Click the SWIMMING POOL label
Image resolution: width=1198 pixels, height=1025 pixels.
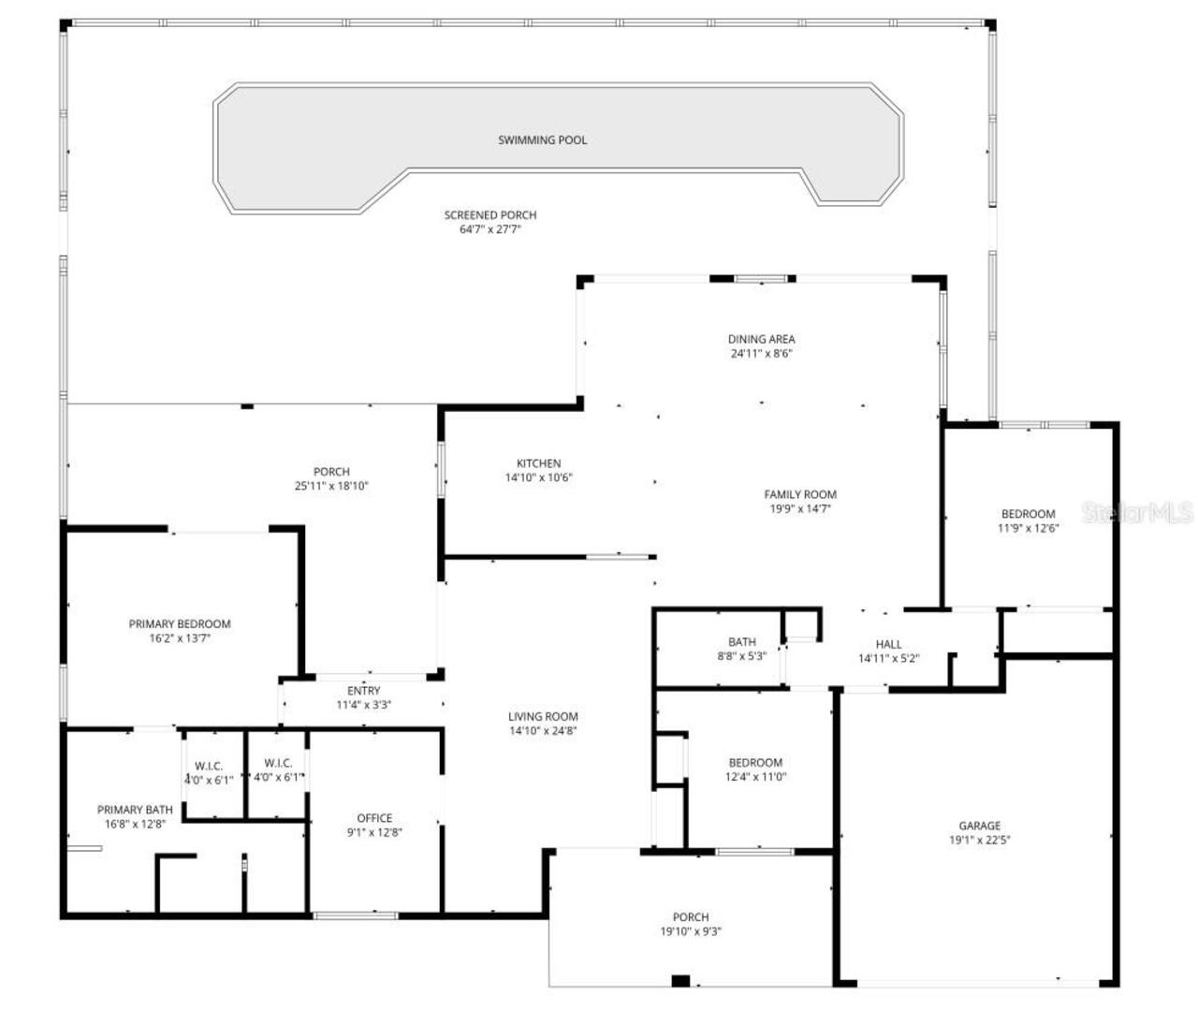pyautogui.click(x=542, y=140)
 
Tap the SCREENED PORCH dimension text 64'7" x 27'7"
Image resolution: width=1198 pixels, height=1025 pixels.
pyautogui.click(x=489, y=229)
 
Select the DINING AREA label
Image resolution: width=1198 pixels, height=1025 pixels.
pyautogui.click(x=761, y=340)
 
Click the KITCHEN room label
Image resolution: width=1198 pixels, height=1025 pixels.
pyautogui.click(x=538, y=463)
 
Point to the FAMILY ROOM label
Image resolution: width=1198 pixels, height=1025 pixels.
pyautogui.click(x=800, y=494)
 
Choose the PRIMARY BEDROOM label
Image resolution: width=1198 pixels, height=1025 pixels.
pyautogui.click(x=179, y=624)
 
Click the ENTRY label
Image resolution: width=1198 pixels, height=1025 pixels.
pyautogui.click(x=363, y=691)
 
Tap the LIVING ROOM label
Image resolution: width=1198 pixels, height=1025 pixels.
pyautogui.click(x=543, y=717)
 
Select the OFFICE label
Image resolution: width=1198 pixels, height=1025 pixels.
pyautogui.click(x=374, y=818)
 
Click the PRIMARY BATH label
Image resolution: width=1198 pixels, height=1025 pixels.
pyautogui.click(x=135, y=810)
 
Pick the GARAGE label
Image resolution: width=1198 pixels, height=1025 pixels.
pyautogui.click(x=979, y=826)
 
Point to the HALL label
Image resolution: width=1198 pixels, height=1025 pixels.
pyautogui.click(x=888, y=644)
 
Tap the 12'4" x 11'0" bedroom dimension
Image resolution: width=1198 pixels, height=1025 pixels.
pyautogui.click(x=755, y=777)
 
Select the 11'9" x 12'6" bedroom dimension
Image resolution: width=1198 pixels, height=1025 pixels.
pyautogui.click(x=1028, y=528)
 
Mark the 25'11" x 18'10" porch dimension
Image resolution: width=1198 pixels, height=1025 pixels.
pyautogui.click(x=331, y=486)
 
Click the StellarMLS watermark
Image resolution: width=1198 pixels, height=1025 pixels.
pyautogui.click(x=1136, y=513)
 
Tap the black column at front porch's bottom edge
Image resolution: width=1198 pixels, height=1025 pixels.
pyautogui.click(x=680, y=981)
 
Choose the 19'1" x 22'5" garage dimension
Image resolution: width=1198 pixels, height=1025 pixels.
pyautogui.click(x=979, y=840)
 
